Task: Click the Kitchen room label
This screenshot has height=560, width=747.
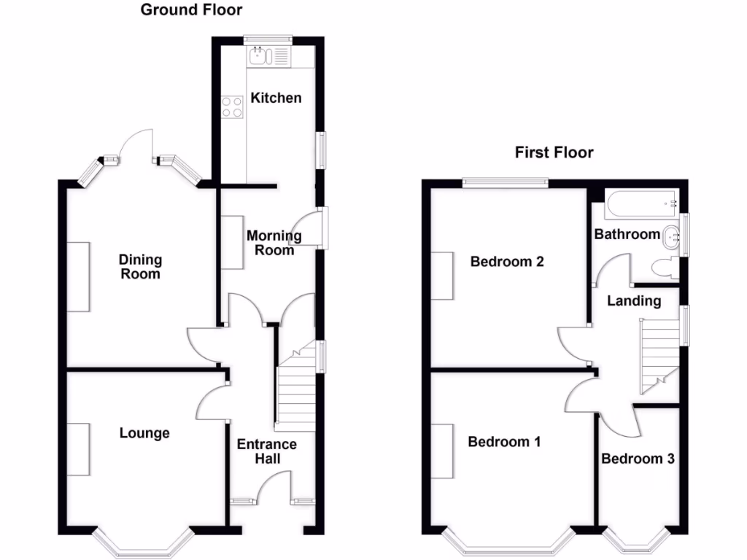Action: click(276, 98)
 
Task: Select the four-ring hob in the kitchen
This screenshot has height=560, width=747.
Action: click(232, 107)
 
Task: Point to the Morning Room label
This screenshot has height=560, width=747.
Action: click(274, 243)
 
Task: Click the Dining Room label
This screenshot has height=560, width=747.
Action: click(140, 267)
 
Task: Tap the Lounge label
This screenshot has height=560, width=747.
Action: click(144, 433)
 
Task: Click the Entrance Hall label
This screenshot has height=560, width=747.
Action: click(266, 451)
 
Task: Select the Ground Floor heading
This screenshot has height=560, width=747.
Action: click(191, 9)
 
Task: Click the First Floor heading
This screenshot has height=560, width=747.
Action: click(554, 152)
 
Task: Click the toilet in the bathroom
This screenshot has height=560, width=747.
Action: click(663, 268)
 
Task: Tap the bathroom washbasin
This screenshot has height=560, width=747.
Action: click(672, 235)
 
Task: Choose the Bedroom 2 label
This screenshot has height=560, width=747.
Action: click(507, 262)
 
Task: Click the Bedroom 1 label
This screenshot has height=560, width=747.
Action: click(504, 442)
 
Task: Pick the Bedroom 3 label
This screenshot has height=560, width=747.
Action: click(638, 459)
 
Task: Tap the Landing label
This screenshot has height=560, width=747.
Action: click(634, 300)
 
